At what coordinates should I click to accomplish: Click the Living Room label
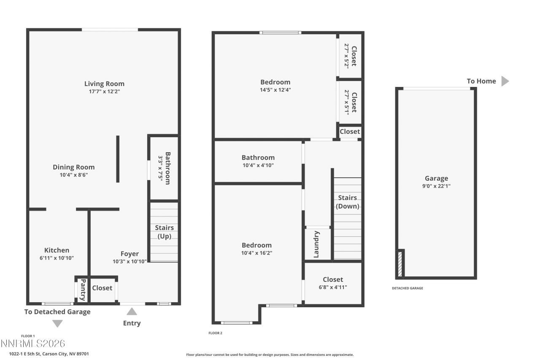pos(104,84)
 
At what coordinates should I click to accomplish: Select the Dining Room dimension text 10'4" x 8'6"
pos(73,175)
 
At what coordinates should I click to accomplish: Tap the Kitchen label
pos(57,250)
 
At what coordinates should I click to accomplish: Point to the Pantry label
pos(83,289)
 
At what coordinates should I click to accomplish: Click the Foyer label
pos(130,254)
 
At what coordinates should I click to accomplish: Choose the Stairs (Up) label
pos(164,232)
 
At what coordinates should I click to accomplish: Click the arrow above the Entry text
pos(132,311)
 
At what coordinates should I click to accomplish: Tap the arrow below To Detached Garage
pos(57,323)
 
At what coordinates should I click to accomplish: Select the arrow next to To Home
pos(505,81)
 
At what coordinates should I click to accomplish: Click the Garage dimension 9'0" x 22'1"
pos(436,186)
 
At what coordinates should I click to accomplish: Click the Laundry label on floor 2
pos(316,244)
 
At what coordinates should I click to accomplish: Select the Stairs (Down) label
pos(348,202)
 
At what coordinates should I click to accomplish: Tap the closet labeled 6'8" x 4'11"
pos(333,283)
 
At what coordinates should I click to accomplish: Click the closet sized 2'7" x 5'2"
pos(350,56)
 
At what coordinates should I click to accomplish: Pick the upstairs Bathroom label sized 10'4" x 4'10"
pos(258,161)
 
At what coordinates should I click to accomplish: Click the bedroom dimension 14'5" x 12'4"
pos(275,89)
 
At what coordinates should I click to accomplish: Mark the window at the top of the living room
pos(110,30)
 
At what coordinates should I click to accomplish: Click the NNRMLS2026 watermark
pos(33,343)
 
